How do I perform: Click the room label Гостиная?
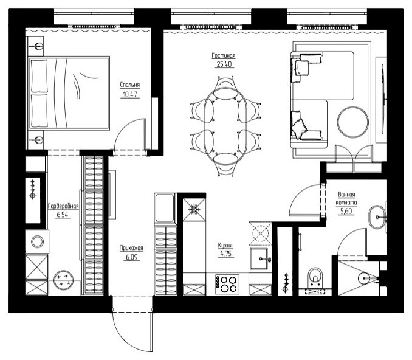[x=224, y=56]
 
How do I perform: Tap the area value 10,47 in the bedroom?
[x=130, y=94]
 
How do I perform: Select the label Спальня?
[x=130, y=85]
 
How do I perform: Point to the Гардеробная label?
[x=63, y=206]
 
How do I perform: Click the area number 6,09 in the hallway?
[x=132, y=257]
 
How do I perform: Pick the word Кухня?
[x=225, y=245]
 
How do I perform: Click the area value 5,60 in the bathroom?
[x=346, y=211]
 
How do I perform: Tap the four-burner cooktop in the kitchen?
[x=227, y=284]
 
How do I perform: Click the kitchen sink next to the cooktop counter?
[x=259, y=259]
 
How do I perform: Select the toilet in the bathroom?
[x=315, y=277]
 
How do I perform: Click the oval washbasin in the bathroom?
[x=377, y=217]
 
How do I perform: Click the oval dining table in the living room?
[x=225, y=126]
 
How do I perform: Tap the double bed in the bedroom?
[x=69, y=93]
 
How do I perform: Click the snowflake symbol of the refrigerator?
[x=194, y=210]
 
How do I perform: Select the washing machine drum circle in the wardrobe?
[x=38, y=241]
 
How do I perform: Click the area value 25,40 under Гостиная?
[x=224, y=64]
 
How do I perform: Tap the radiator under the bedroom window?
[x=94, y=27]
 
